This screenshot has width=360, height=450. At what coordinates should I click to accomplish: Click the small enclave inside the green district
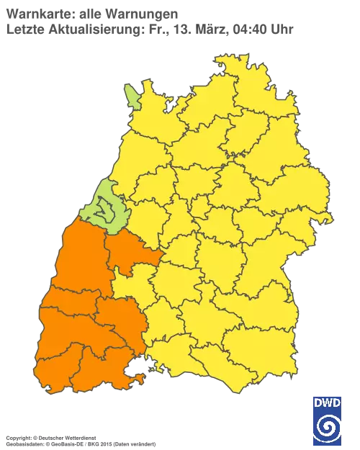(107, 210)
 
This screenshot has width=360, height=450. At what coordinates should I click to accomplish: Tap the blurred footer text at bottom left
(79, 437)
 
